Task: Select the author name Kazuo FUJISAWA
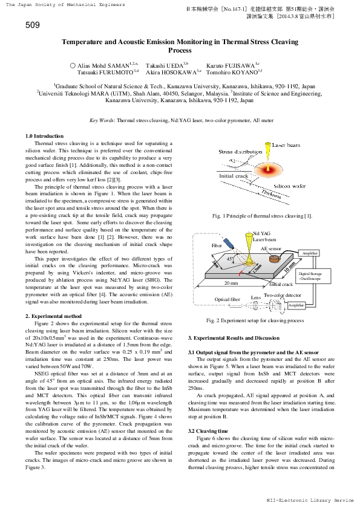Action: (x=232, y=63)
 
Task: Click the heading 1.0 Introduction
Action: (x=44, y=136)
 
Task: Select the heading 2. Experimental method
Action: (x=53, y=316)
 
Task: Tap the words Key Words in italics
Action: (x=101, y=120)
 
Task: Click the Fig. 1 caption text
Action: (x=262, y=216)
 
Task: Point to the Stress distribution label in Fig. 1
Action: (x=240, y=152)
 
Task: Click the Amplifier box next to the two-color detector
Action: (x=296, y=305)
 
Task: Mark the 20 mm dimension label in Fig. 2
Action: (x=230, y=282)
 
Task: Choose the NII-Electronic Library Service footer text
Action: (x=310, y=501)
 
